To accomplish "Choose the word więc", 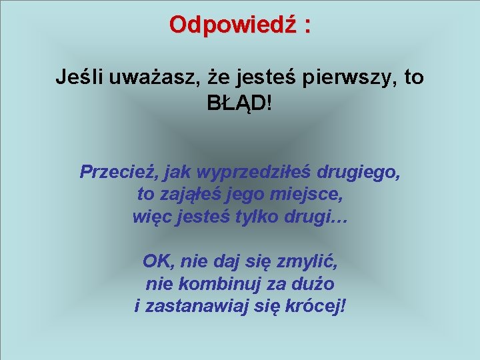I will coord(151,217).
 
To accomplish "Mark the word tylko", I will coord(268,217).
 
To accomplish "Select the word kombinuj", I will coord(210,284).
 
